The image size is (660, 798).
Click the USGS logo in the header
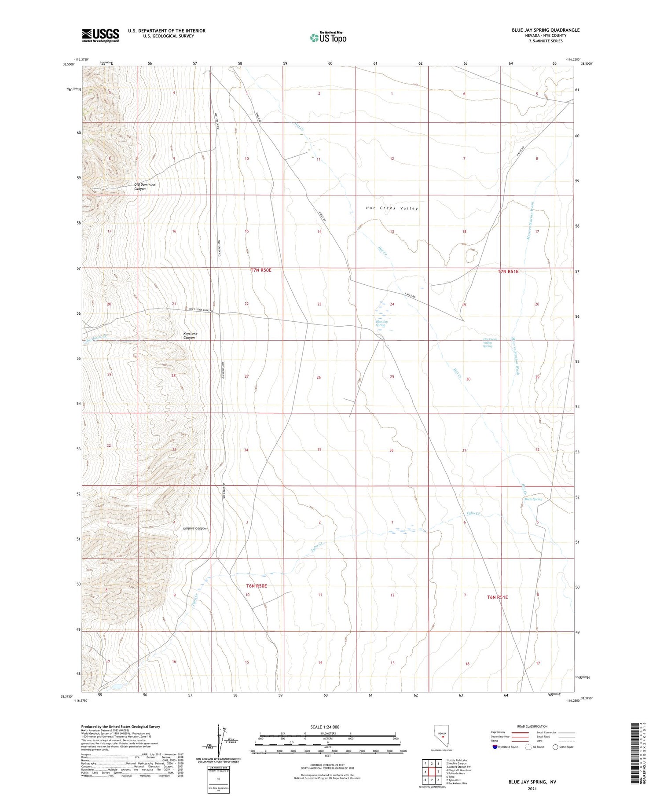tap(100, 35)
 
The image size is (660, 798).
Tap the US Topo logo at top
tap(328, 37)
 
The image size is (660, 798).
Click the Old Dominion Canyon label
tap(145, 187)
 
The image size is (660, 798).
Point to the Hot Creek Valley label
tap(392, 208)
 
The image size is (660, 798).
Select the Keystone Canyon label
tap(190, 335)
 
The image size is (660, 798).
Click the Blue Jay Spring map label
tap(381, 323)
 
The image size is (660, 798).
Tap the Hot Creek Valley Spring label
tap(488, 342)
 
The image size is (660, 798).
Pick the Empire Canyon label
tap(195, 528)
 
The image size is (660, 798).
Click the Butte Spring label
tap(533, 499)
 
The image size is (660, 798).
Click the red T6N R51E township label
tap(497, 597)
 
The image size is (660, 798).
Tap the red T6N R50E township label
tap(257, 586)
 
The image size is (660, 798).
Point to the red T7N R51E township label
tap(508, 272)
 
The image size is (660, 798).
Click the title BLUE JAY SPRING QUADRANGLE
tap(545, 30)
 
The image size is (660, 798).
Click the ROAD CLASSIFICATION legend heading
tap(532, 726)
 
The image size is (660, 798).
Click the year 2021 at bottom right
tap(532, 788)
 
